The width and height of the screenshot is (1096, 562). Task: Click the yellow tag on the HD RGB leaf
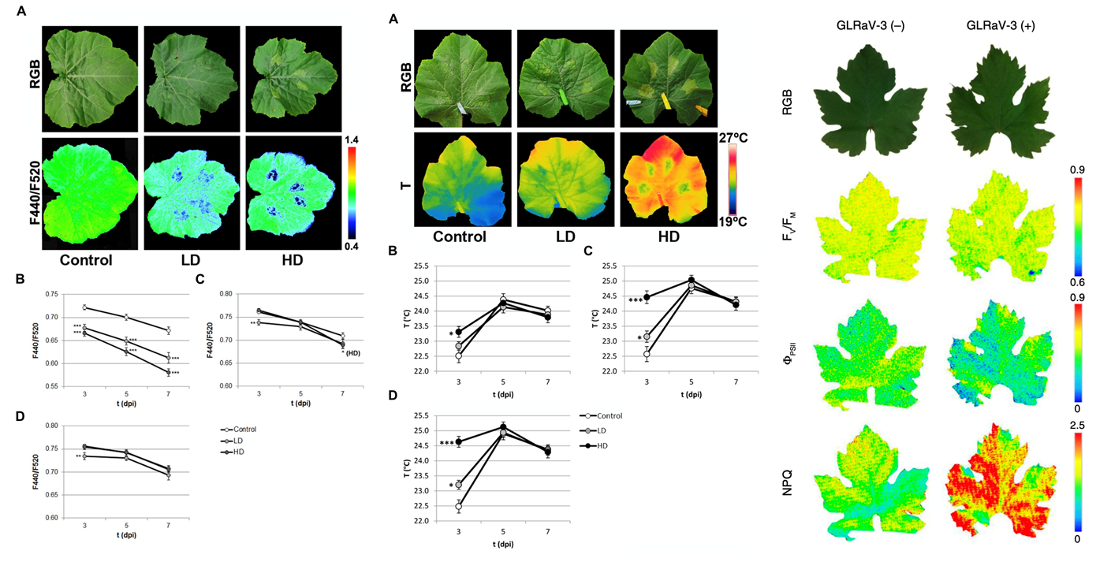[667, 100]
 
